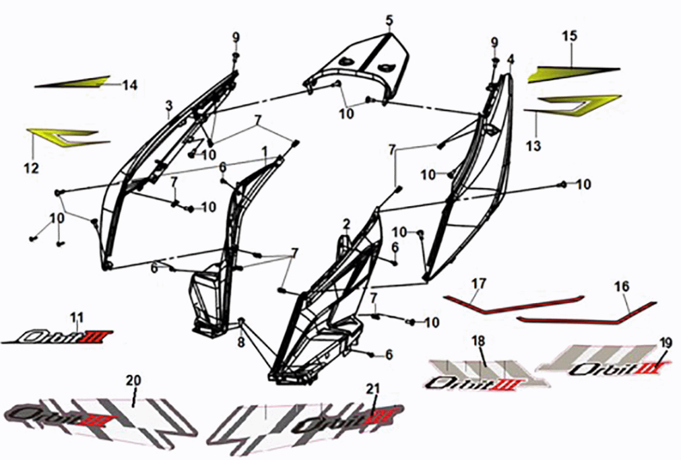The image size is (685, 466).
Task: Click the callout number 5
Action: pyautogui.click(x=389, y=19)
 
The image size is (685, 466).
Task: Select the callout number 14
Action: pyautogui.click(x=130, y=85)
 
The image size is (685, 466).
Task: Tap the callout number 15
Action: pyautogui.click(x=570, y=36)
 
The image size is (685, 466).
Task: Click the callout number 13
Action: pyautogui.click(x=533, y=145)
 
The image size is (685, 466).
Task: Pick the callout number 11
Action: pyautogui.click(x=77, y=317)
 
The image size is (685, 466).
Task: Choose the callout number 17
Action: pyautogui.click(x=478, y=284)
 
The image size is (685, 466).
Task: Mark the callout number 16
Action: pyautogui.click(x=620, y=287)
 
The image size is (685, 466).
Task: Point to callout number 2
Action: pyautogui.click(x=346, y=224)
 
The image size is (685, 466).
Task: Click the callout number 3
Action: pyautogui.click(x=169, y=105)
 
